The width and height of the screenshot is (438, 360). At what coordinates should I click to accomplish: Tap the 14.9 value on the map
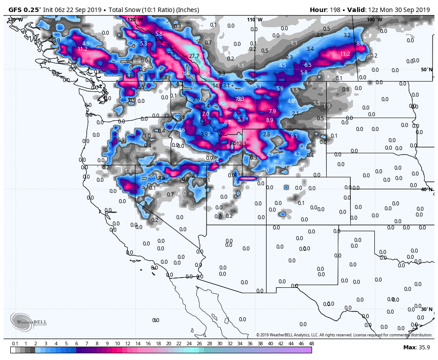(217, 86)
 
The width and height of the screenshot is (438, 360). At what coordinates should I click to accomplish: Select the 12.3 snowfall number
(242, 144)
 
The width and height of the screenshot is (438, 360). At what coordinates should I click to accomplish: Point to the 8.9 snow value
(270, 120)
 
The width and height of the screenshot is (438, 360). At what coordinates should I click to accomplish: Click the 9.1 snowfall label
(294, 136)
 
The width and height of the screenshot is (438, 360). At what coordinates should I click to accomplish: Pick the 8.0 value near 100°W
(360, 44)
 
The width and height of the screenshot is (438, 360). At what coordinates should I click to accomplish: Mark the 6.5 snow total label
(308, 65)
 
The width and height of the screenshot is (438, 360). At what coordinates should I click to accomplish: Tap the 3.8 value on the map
(162, 178)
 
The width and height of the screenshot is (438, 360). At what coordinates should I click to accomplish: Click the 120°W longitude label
(135, 20)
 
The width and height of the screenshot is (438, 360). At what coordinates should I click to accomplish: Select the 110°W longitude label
(255, 20)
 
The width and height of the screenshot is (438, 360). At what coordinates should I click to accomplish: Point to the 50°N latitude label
(426, 70)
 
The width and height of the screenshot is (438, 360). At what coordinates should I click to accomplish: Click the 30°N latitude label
(426, 309)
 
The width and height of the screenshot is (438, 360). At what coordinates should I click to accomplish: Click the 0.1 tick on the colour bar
(15, 344)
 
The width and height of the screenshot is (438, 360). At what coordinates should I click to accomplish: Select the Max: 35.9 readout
(418, 347)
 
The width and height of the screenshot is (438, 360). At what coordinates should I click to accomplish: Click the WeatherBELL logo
(28, 322)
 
